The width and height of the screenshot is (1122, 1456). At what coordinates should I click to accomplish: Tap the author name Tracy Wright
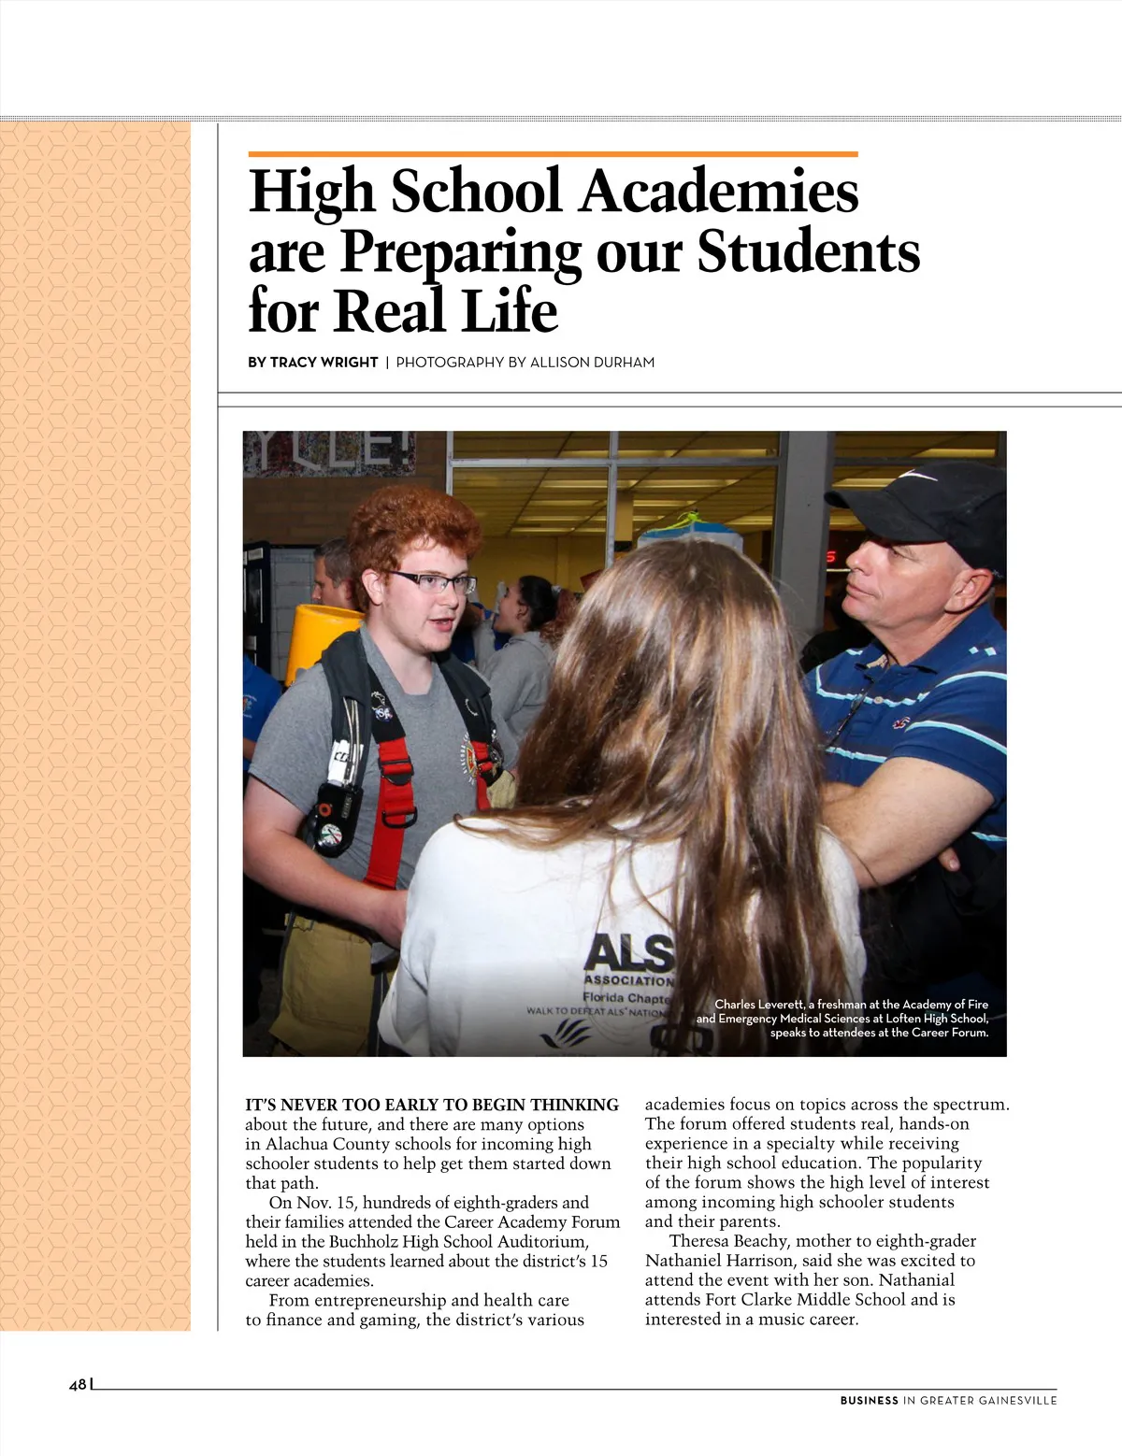point(324,363)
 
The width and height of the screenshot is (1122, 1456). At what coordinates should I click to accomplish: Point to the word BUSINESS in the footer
point(869,1400)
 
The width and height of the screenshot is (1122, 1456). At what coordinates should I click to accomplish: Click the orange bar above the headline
point(553,153)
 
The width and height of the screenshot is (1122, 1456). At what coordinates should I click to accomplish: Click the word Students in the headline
point(809,251)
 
